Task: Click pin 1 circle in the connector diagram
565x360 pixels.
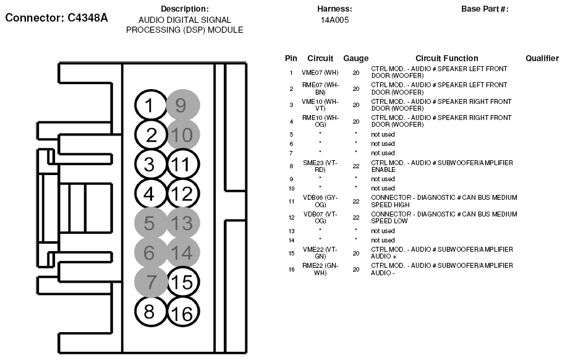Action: (x=149, y=106)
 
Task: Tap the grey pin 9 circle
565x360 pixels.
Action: (x=182, y=106)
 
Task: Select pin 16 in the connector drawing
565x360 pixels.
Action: (x=183, y=314)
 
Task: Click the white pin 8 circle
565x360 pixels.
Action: (x=149, y=311)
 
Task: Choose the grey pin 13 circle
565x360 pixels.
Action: (x=183, y=223)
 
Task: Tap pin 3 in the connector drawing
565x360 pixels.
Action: (x=149, y=165)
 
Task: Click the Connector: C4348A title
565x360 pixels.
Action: (x=56, y=18)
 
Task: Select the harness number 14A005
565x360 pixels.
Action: (x=334, y=20)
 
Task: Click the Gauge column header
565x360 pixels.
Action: (x=355, y=58)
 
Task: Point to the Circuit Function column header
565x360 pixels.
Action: (x=446, y=58)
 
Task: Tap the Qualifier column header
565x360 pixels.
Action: (x=542, y=58)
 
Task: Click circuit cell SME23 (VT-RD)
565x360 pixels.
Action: (x=320, y=166)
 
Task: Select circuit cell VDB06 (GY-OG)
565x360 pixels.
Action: (x=320, y=201)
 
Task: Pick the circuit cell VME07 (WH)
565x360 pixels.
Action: (x=320, y=72)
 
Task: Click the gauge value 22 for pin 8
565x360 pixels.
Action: (x=356, y=166)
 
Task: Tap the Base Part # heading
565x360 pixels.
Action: (x=485, y=9)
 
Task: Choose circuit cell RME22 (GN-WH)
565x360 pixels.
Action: (x=320, y=269)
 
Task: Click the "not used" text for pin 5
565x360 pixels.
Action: (x=383, y=134)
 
